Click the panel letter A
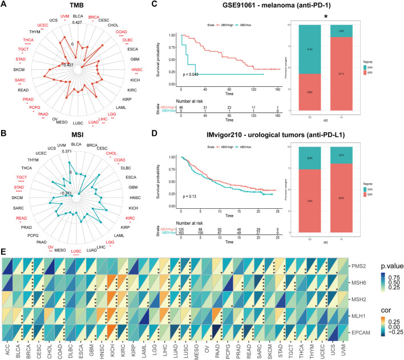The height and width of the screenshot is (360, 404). [4, 5]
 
